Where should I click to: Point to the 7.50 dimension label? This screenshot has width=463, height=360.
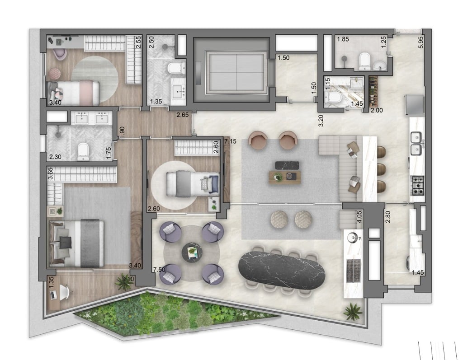click(159, 270)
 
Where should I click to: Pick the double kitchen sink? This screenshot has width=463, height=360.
click(417, 143)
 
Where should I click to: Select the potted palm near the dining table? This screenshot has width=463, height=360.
click(352, 311)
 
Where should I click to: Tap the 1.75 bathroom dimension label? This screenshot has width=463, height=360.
click(109, 151)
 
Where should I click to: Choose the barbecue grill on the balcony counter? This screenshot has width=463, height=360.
click(353, 270)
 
